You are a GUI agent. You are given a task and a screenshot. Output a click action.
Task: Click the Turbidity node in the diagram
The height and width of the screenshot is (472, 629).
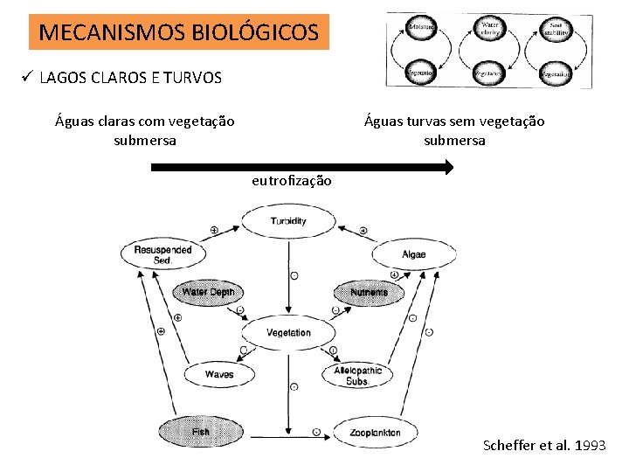coord(288,221)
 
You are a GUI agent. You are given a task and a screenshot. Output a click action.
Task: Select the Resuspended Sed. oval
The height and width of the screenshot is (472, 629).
coord(162,254)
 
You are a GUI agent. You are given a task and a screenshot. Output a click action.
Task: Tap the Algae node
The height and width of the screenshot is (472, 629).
coord(414,255)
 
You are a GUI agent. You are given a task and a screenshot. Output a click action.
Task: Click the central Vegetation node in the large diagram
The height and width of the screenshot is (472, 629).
coord(288,332)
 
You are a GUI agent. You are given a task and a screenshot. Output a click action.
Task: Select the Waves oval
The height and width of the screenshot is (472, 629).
coord(219,374)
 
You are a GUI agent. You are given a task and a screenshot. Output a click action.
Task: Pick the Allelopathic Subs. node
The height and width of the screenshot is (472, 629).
coord(358,375)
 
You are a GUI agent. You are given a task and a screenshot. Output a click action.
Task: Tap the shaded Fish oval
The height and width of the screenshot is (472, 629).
coord(200,432)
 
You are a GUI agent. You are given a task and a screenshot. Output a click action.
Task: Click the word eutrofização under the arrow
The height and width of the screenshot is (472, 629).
coord(291,181)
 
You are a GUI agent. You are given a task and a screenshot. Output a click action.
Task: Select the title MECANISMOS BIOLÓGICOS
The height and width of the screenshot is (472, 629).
coord(179,33)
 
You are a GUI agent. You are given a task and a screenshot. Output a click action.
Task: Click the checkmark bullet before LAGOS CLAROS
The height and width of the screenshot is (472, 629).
coord(27,78)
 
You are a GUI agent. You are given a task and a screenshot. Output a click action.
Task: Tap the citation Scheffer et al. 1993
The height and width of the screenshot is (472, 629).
coord(543,446)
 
